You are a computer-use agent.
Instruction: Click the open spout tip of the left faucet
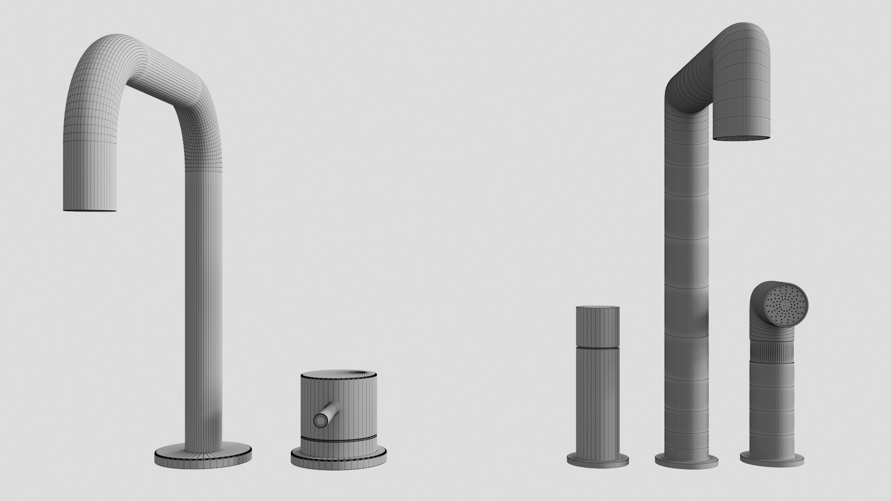coord(90,211)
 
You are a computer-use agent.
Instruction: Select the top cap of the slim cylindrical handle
coord(598,309)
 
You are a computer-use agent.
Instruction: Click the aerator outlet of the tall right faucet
coord(742,138)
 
